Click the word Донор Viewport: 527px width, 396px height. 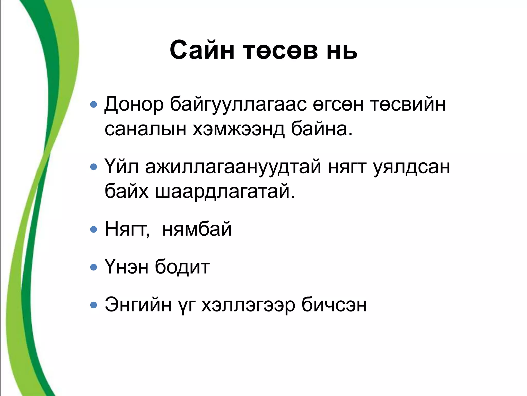click(x=134, y=104)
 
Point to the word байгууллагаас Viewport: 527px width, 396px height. click(x=238, y=104)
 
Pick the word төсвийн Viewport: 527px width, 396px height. click(x=408, y=104)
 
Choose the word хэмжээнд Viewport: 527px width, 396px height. click(x=238, y=129)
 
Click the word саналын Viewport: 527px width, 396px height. click(x=145, y=129)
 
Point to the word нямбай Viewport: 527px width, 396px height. click(x=197, y=229)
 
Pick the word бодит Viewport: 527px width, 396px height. click(x=182, y=267)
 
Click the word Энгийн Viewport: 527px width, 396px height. click(x=138, y=305)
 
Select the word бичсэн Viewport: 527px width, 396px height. click(x=334, y=305)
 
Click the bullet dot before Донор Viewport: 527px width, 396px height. click(x=94, y=104)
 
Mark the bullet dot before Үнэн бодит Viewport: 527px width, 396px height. click(x=94, y=267)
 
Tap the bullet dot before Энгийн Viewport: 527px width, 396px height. click(x=94, y=305)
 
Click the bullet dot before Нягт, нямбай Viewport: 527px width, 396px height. click(x=94, y=229)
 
